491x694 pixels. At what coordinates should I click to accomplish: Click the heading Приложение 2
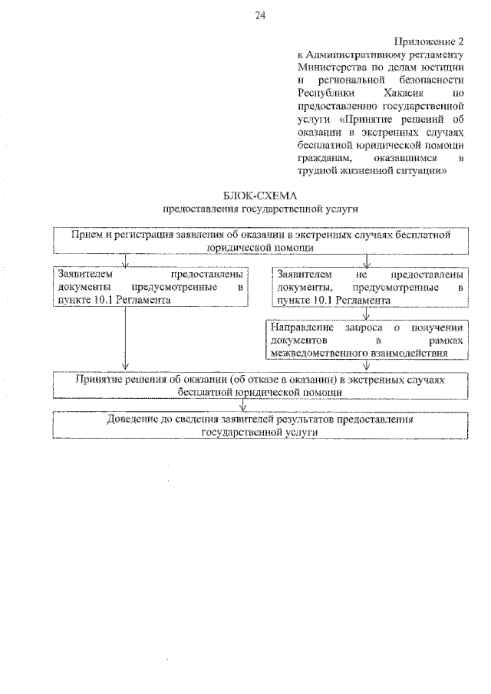point(430,41)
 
